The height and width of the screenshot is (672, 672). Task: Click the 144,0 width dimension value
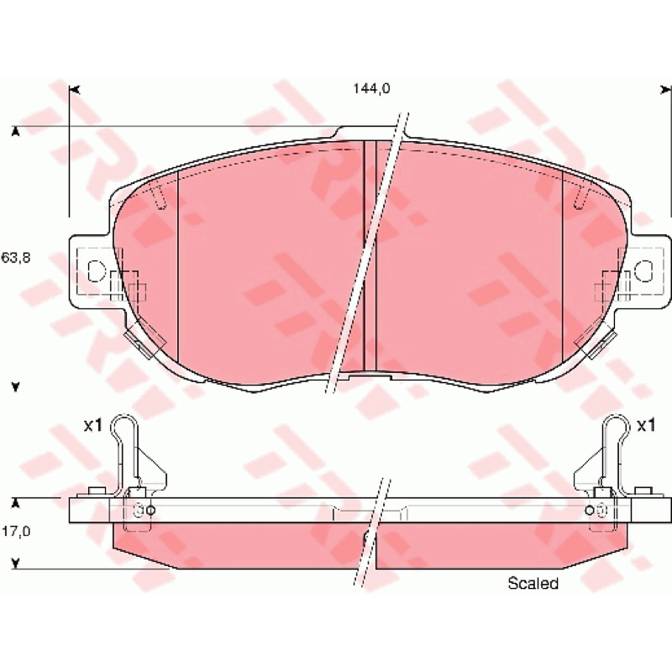point(371,89)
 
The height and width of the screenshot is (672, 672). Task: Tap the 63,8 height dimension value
point(16,258)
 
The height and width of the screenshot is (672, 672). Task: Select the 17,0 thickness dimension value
point(16,532)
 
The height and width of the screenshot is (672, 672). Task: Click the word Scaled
point(533,583)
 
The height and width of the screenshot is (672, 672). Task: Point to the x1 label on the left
point(92,426)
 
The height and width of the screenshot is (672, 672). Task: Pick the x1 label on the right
point(646,426)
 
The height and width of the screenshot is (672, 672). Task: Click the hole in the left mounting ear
point(96,270)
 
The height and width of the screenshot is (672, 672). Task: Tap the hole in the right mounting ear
point(643,270)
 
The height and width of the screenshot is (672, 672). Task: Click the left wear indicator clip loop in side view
point(124,423)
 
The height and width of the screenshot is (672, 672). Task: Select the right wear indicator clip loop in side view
point(617,423)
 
